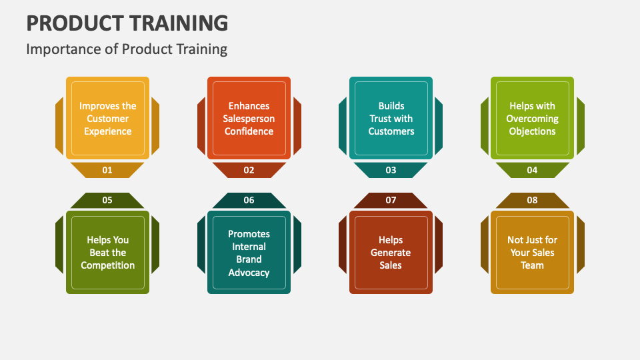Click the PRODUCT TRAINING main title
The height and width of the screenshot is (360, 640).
pos(127,23)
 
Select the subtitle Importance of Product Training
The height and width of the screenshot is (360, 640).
pos(127,49)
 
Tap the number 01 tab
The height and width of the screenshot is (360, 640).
pos(107,170)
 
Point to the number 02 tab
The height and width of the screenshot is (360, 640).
pos(249,170)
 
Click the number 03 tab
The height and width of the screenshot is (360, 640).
pos(391,170)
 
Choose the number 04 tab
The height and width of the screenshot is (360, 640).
pos(532,170)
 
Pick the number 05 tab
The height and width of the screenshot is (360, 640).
pos(107,200)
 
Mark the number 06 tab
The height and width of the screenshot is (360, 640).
pos(249,200)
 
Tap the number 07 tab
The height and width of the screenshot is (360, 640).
pos(391,200)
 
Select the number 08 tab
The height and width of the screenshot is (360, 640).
pos(532,200)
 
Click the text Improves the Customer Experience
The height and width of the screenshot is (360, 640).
pos(107,119)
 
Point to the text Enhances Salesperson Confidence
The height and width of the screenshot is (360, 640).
pos(249,119)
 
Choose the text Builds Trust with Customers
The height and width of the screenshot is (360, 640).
pos(391,119)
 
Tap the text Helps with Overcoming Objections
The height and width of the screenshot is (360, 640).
pos(532,119)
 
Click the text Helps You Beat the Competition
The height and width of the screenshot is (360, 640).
pos(107,253)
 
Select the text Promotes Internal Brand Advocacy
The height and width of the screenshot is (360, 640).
pos(249,253)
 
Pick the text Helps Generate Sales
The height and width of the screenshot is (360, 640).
pos(391,253)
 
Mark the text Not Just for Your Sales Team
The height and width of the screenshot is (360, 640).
pos(532,253)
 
